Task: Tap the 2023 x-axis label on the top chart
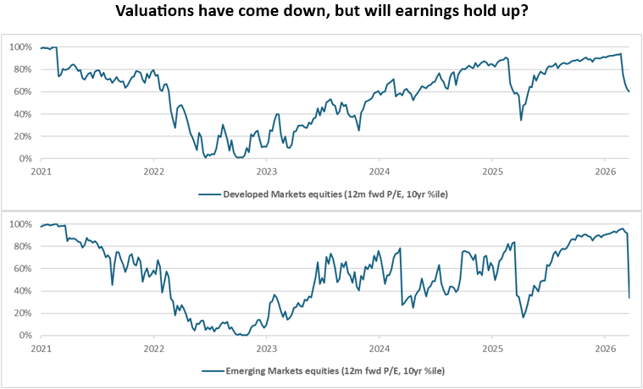point(266,171)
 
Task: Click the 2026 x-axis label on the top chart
point(605,171)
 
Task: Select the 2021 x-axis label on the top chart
point(41,171)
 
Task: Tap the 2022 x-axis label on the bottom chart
point(153,348)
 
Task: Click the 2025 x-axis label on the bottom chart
point(492,348)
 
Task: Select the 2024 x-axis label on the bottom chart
point(380,348)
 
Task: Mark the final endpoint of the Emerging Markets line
point(629,297)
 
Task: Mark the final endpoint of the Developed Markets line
point(629,91)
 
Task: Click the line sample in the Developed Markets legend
point(209,194)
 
